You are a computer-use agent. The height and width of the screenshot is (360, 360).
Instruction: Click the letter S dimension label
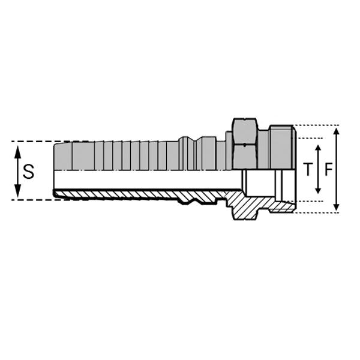click(x=28, y=172)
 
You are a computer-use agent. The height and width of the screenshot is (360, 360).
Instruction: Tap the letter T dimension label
click(x=308, y=170)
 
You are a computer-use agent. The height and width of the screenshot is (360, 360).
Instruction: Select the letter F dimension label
click(x=328, y=170)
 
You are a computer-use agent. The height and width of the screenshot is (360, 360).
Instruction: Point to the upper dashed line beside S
click(x=33, y=142)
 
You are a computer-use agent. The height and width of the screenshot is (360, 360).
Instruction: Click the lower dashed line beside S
click(x=33, y=199)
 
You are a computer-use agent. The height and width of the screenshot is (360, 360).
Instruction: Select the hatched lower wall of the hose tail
click(x=120, y=193)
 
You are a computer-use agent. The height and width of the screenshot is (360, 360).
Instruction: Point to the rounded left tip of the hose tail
click(x=55, y=193)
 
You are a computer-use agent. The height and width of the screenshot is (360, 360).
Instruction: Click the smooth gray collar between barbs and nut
click(x=208, y=154)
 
